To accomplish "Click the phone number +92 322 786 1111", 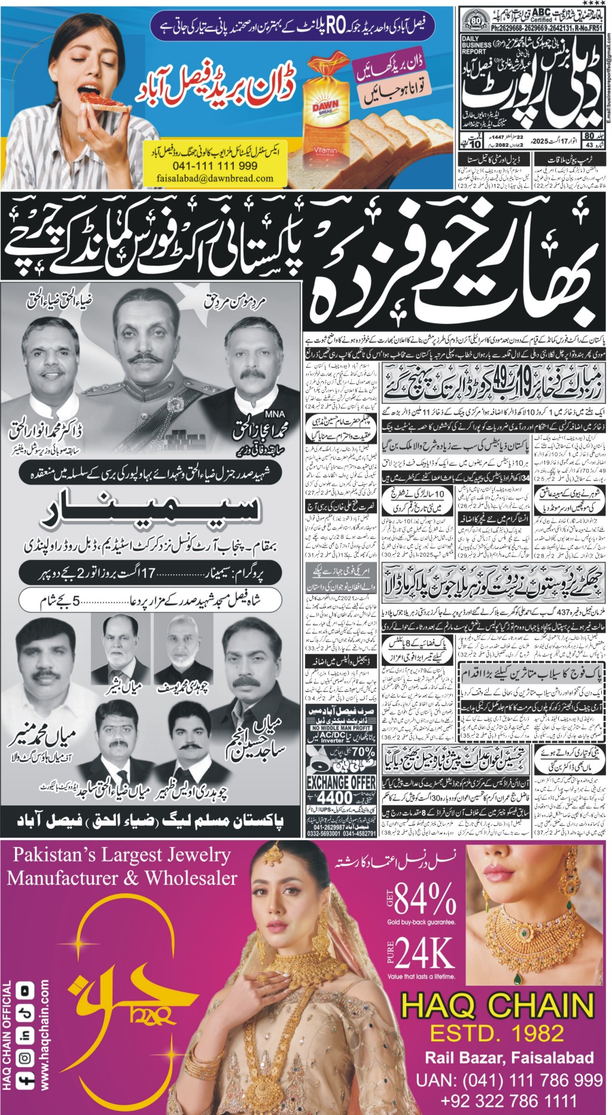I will [509, 1100].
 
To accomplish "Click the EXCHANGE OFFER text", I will [341, 783].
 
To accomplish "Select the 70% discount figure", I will [363, 752].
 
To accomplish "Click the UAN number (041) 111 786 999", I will [509, 1080].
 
